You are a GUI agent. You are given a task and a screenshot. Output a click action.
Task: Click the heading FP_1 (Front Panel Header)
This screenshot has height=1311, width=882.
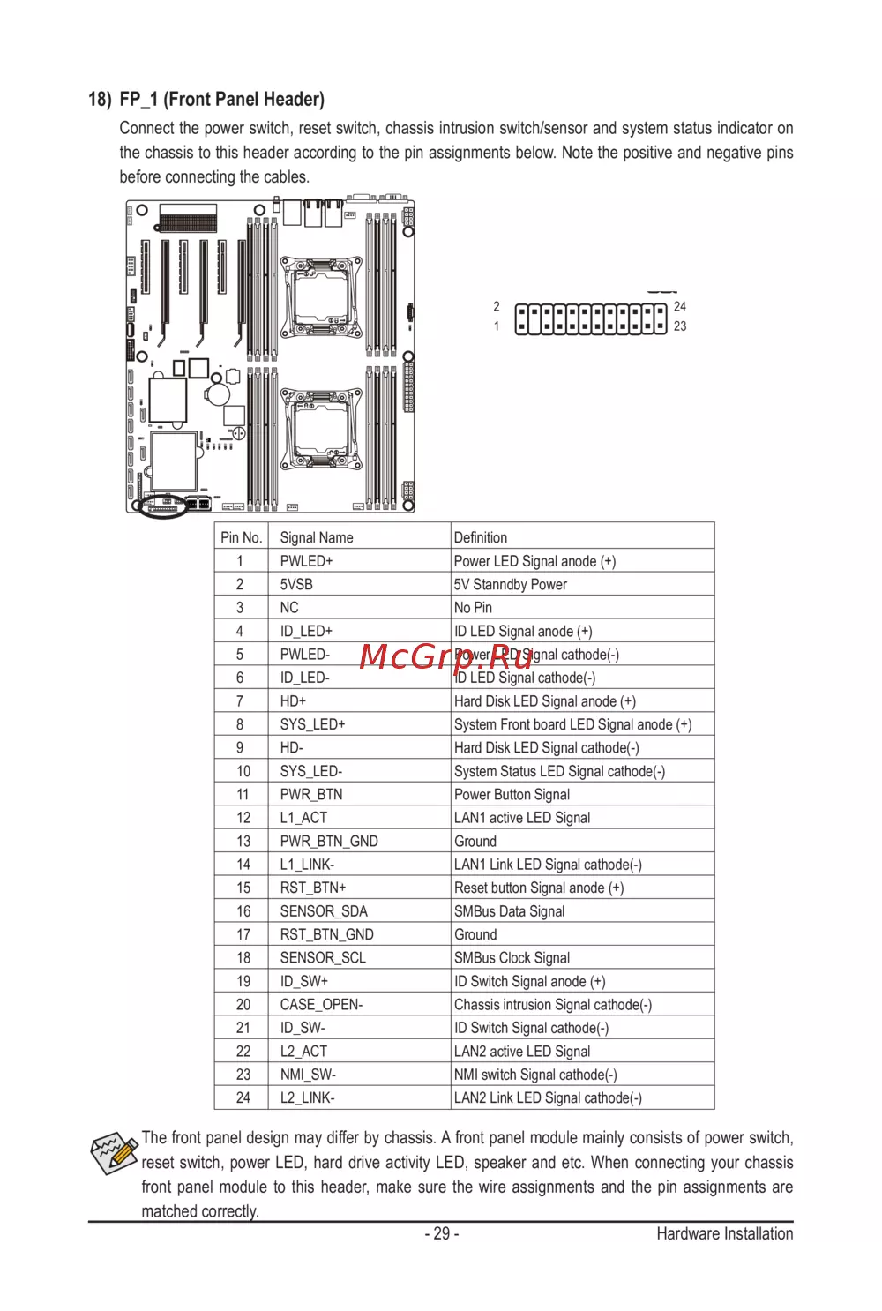click(x=221, y=100)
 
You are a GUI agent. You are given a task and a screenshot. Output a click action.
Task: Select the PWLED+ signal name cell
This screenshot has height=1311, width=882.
click(x=359, y=561)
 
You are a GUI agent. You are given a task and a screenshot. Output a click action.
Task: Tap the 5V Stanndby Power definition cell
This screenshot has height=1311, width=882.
click(x=582, y=584)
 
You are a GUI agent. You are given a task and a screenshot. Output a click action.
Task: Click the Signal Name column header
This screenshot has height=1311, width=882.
click(x=359, y=536)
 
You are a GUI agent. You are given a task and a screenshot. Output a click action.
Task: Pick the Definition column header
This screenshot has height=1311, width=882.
click(x=582, y=536)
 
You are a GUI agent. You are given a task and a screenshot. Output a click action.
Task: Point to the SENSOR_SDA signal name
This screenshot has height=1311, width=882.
click(x=324, y=911)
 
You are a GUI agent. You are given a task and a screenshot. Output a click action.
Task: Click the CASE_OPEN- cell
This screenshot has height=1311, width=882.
click(x=359, y=1004)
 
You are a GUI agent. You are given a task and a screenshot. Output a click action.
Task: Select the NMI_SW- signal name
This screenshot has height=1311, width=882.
click(x=308, y=1075)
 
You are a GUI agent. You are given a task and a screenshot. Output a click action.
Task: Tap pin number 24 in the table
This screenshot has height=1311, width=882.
click(x=243, y=1097)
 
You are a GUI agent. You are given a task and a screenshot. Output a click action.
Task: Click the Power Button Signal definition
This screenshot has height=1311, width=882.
click(x=512, y=794)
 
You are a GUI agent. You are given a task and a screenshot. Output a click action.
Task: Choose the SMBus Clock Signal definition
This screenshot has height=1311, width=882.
click(x=512, y=957)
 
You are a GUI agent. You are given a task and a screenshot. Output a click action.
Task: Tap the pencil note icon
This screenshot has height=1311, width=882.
click(x=114, y=1152)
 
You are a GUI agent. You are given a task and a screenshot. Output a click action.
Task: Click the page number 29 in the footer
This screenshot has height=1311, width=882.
click(x=442, y=1233)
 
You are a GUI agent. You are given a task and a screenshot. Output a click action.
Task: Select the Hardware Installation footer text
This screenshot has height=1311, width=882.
click(x=724, y=1233)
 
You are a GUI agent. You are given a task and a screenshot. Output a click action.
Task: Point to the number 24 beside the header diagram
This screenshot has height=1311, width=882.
click(x=679, y=306)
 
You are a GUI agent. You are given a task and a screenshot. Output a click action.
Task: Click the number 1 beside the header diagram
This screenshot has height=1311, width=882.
click(x=497, y=326)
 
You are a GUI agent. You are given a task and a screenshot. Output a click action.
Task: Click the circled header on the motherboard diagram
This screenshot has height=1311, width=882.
click(x=163, y=506)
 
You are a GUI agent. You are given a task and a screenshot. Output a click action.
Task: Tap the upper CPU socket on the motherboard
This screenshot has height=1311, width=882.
click(x=321, y=297)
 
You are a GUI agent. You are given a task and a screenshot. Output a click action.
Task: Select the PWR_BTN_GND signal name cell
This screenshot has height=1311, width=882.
click(x=359, y=841)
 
